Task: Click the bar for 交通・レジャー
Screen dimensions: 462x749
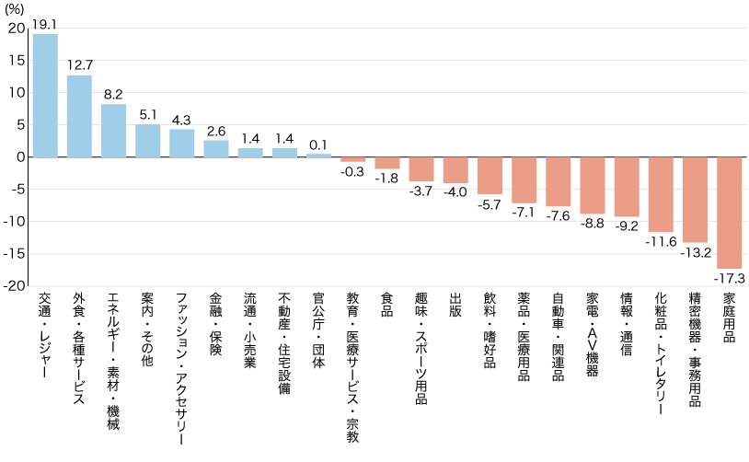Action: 45,96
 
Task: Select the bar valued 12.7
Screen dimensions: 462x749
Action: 79,116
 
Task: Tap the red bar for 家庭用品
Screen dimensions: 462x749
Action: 730,213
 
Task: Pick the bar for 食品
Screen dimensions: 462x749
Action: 387,163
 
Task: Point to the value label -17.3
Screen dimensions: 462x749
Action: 730,277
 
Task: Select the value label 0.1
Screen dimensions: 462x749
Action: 319,145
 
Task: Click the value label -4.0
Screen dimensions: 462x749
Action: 455,191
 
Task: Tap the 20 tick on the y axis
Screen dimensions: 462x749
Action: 17,28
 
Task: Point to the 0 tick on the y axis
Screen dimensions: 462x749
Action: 20,157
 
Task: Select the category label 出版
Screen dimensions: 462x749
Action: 455,306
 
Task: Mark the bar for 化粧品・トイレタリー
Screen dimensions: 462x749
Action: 661,194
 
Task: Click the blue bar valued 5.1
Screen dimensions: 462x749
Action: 148,141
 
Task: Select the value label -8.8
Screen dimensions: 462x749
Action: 593,222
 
